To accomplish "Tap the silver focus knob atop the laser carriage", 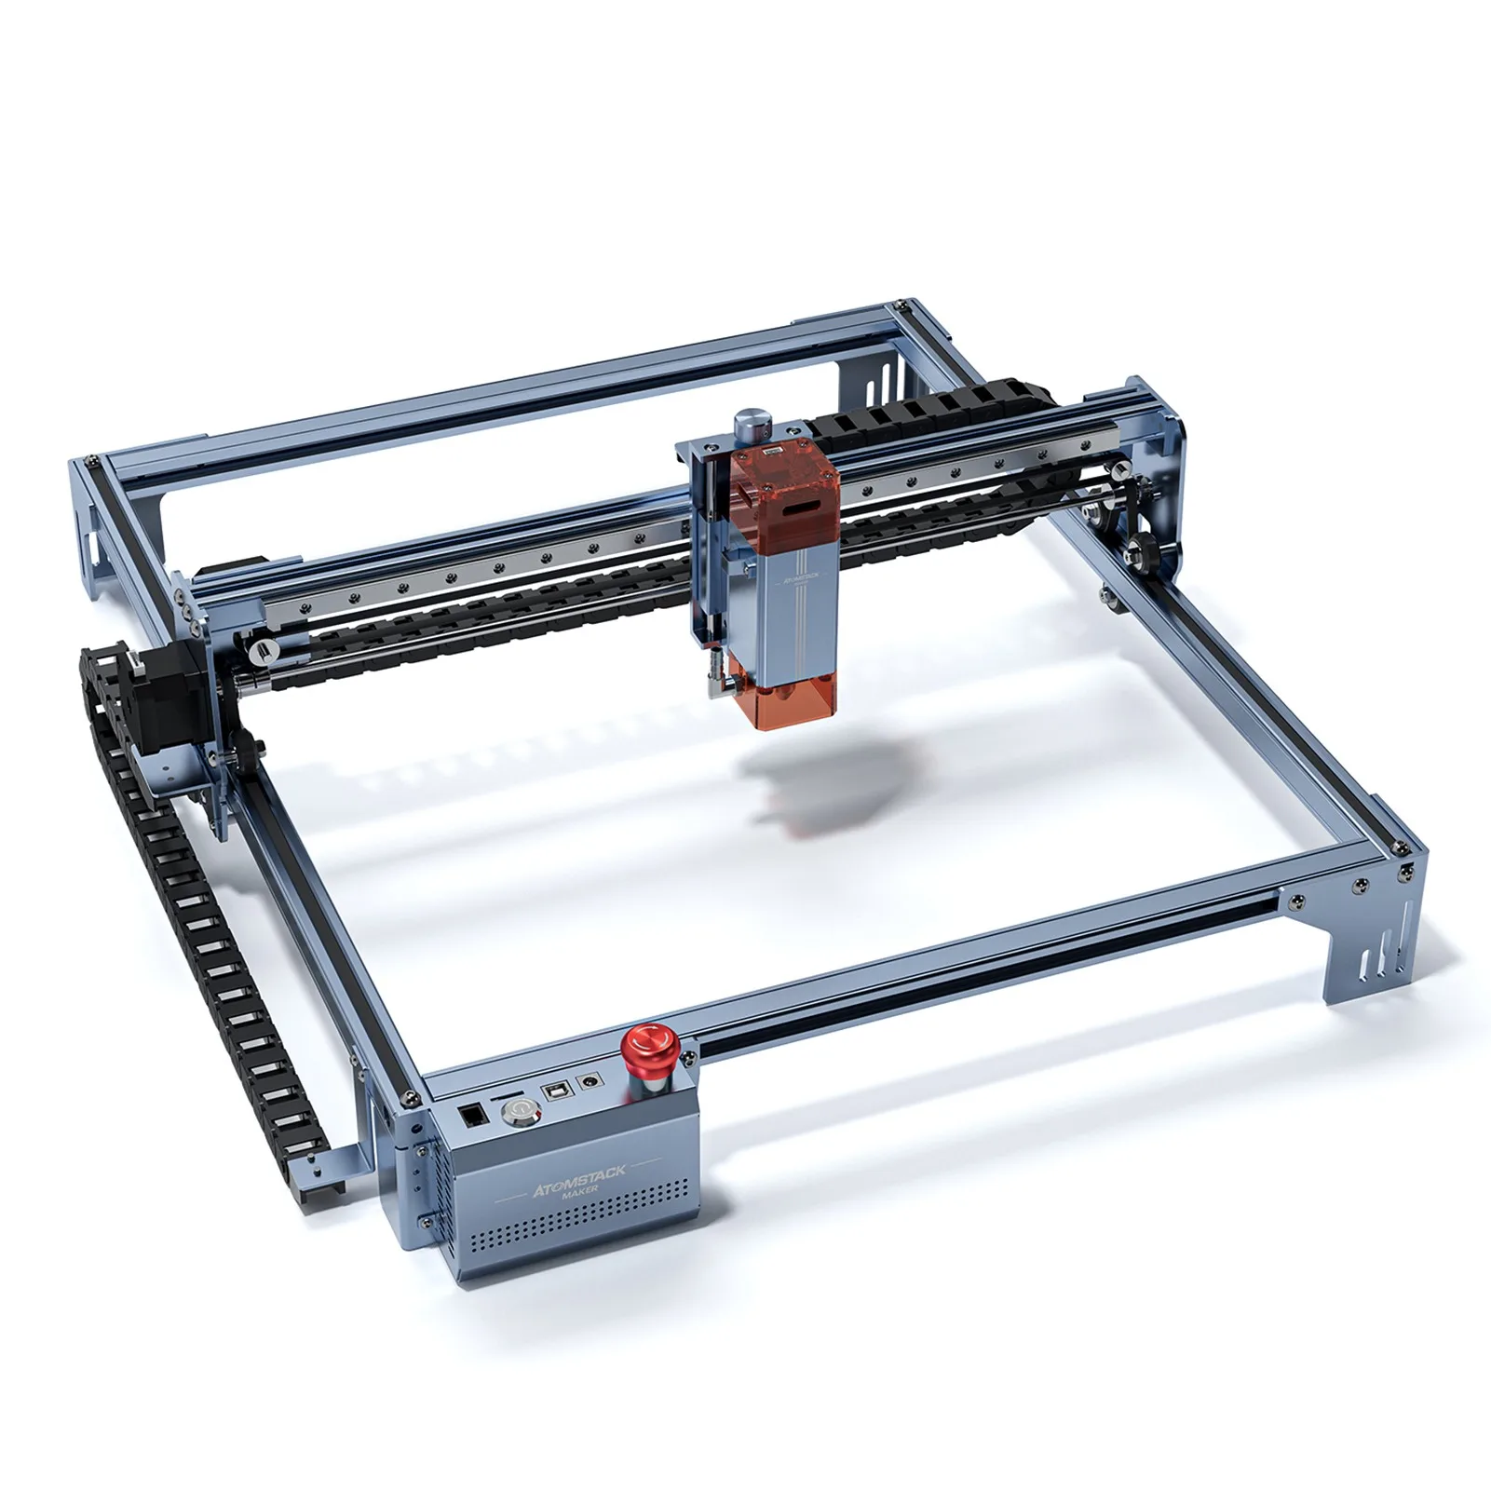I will click(x=751, y=426).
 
